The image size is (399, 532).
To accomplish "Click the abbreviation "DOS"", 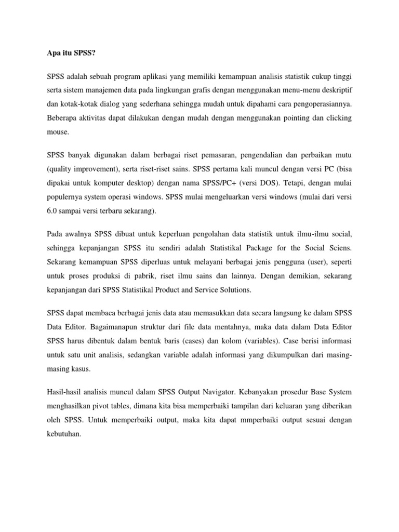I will (271, 183).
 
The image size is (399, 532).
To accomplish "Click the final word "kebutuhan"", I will (63, 435).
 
